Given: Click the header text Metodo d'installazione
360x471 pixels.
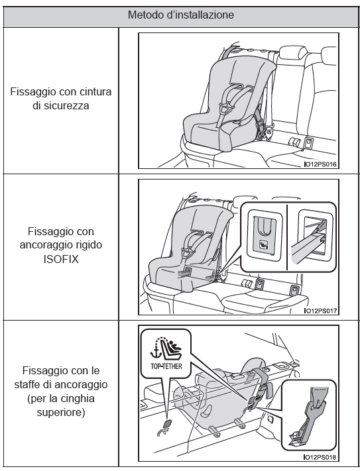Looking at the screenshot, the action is (180, 15).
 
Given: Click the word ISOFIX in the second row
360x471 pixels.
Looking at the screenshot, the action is (61, 259).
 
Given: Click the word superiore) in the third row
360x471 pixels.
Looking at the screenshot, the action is (61, 412).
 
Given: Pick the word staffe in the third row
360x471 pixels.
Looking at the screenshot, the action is (27, 384).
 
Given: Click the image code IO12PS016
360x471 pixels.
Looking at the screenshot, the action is (320, 164).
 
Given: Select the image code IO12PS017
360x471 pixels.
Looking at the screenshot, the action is (320, 311).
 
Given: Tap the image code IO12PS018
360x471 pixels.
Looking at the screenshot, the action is (320, 458).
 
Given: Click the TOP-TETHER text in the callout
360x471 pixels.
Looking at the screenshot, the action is (166, 366).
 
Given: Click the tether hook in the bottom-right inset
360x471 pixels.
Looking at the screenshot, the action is (306, 423).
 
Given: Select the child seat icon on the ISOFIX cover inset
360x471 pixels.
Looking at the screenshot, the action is (264, 245).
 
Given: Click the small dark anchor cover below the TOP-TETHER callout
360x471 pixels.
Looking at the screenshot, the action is (167, 423).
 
